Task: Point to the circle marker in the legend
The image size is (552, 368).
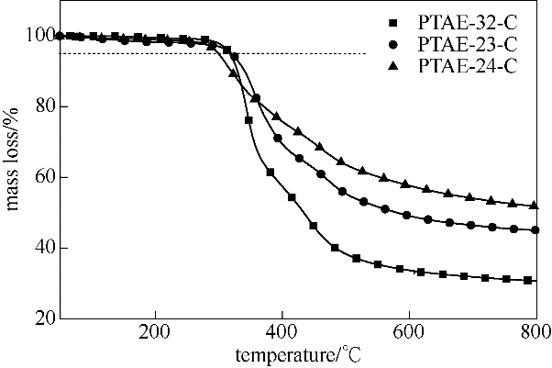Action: point(393,43)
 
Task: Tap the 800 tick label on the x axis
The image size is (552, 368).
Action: point(535,331)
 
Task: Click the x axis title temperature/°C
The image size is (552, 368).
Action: point(296,354)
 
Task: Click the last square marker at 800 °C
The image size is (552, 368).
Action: point(529,280)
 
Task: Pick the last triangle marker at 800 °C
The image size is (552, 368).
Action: point(535,206)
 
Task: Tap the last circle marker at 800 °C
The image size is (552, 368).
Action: point(535,230)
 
